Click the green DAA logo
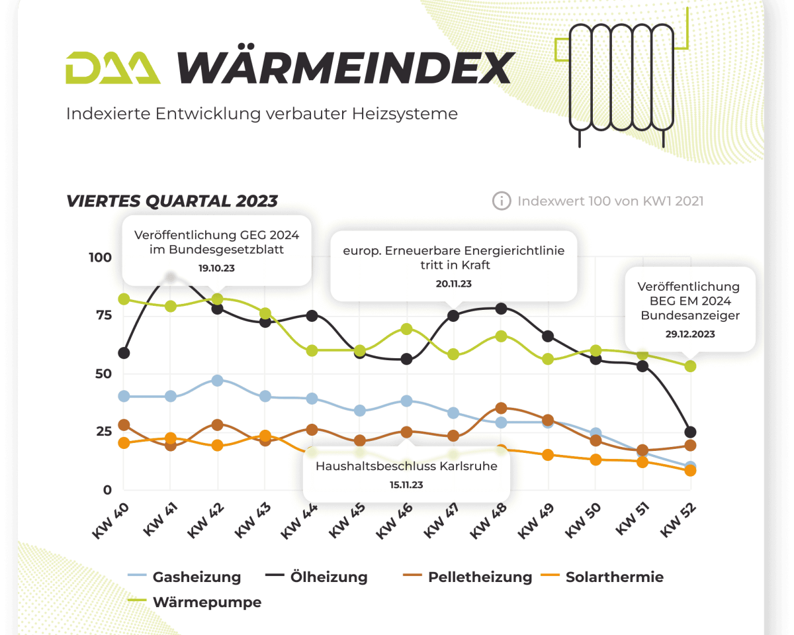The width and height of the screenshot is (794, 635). [x=112, y=68]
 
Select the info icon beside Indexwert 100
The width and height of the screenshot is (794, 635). [x=502, y=201]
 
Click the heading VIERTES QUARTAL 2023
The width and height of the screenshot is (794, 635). [x=172, y=201]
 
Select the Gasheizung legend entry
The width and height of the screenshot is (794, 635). [x=197, y=577]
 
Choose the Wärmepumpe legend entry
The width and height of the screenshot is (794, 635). [x=206, y=603]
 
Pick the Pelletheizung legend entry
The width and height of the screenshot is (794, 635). [x=480, y=577]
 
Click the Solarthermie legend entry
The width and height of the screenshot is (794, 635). [x=614, y=577]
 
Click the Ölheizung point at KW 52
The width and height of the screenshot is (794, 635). [x=690, y=432]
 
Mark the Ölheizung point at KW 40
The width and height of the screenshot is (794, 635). [x=124, y=353]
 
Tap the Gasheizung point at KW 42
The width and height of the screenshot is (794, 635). [x=218, y=380]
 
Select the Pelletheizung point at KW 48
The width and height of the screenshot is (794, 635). [x=501, y=409]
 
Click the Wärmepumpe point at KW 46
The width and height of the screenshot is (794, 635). [x=407, y=329]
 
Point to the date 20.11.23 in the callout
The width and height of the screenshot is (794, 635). [x=453, y=283]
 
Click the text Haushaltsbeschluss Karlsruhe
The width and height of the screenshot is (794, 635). [x=406, y=465]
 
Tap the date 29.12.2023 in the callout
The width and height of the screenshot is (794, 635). [x=689, y=334]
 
